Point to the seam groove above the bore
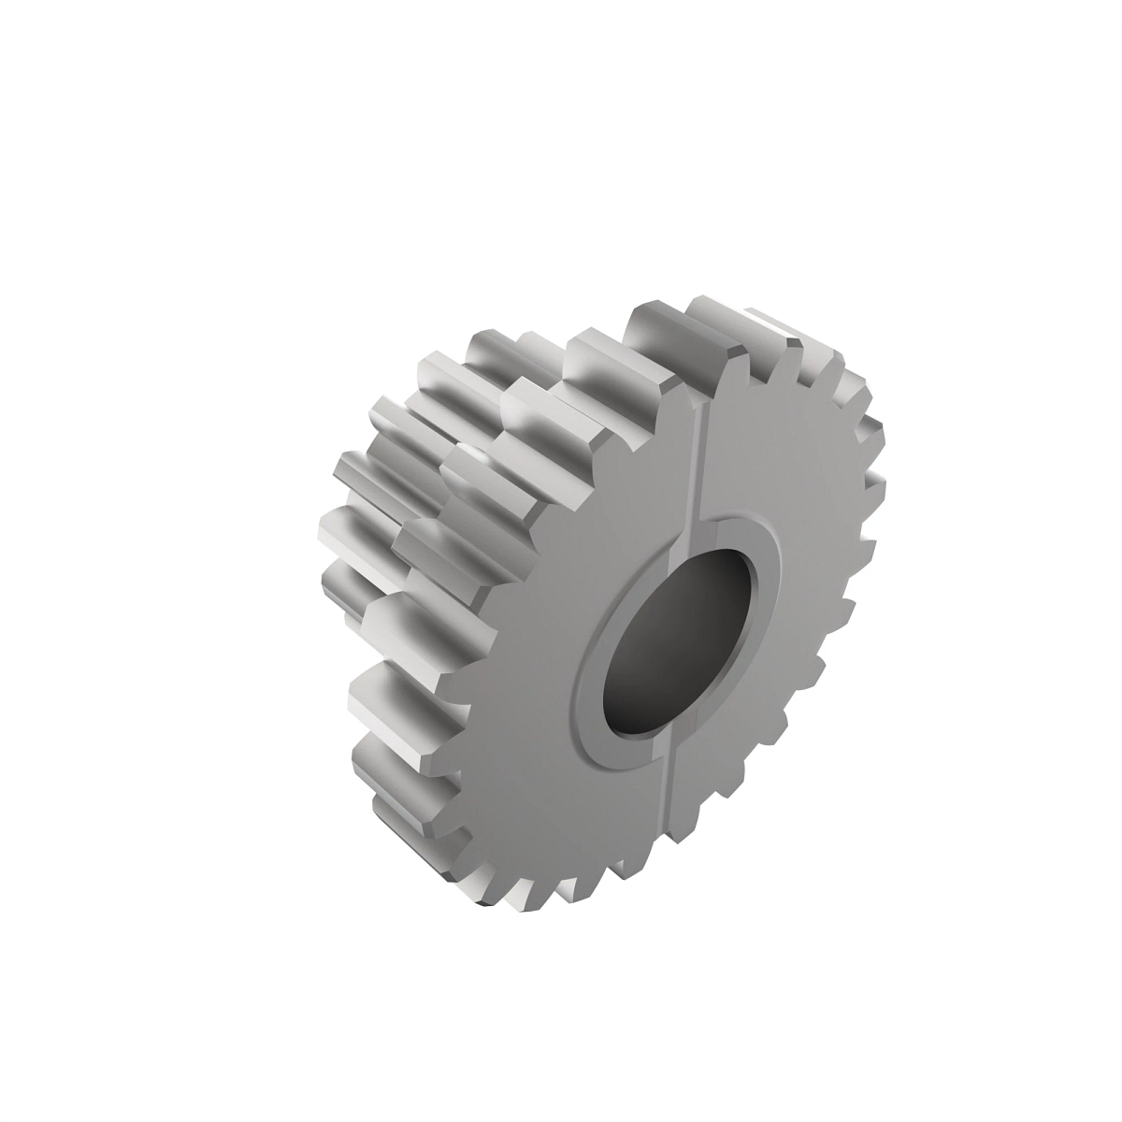click(700, 467)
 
